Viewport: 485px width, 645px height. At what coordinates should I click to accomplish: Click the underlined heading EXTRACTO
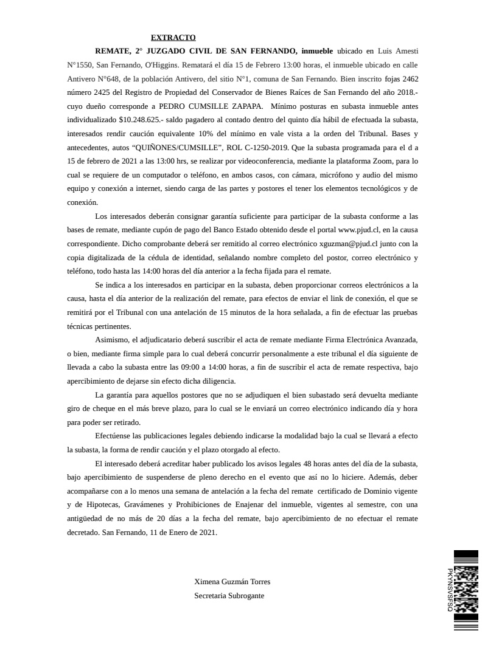[x=173, y=38]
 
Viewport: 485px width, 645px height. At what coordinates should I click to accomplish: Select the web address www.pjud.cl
[x=359, y=231]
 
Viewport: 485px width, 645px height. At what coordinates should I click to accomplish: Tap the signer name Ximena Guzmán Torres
[x=232, y=582]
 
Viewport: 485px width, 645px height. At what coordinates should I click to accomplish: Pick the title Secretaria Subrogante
[x=229, y=596]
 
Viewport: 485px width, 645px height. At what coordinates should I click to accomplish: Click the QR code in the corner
[x=466, y=589]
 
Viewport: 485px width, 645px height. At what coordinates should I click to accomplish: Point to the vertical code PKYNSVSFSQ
[x=450, y=590]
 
